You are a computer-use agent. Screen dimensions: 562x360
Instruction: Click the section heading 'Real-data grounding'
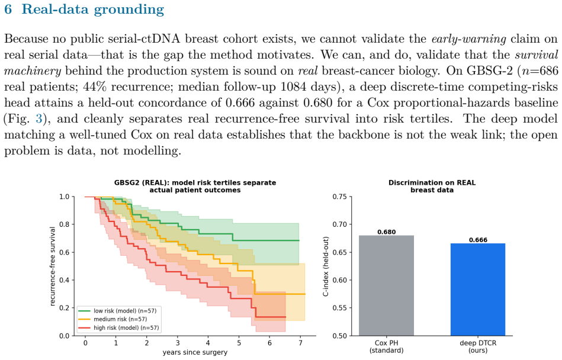pyautogui.click(x=92, y=9)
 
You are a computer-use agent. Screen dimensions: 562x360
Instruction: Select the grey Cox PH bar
pyautogui.click(x=386, y=285)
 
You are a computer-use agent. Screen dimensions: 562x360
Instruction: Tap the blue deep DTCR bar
pyautogui.click(x=478, y=290)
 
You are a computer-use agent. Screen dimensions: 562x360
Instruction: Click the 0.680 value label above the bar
pyautogui.click(x=386, y=232)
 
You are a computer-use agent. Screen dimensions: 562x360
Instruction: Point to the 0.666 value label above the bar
pyautogui.click(x=478, y=240)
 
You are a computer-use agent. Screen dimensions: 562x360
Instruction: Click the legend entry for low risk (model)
pyautogui.click(x=118, y=311)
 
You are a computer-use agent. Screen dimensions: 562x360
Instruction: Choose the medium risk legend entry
pyautogui.click(x=113, y=319)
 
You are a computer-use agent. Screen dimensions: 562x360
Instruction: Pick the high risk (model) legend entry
pyautogui.click(x=119, y=328)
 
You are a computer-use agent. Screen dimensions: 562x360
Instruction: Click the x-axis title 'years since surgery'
pyautogui.click(x=195, y=352)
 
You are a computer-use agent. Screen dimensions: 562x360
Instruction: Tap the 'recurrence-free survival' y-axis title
pyautogui.click(x=53, y=266)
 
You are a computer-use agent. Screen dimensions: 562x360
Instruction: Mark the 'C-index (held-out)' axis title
pyautogui.click(x=326, y=266)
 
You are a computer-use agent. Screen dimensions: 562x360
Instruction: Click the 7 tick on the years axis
pyautogui.click(x=300, y=343)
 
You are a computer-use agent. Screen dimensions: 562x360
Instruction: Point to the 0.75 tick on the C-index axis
pyautogui.click(x=340, y=197)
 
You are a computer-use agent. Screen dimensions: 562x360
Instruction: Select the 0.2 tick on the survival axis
pyautogui.click(x=65, y=308)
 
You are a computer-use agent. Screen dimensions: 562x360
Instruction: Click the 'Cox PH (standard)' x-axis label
pyautogui.click(x=386, y=347)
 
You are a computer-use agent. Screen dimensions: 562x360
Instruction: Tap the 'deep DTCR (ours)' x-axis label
pyautogui.click(x=478, y=347)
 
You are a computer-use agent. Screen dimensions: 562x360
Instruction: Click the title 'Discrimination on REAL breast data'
pyautogui.click(x=432, y=187)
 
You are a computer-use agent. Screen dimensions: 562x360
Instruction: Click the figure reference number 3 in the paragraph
pyautogui.click(x=38, y=118)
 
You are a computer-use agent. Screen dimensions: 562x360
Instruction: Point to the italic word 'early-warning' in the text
pyautogui.click(x=469, y=39)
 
